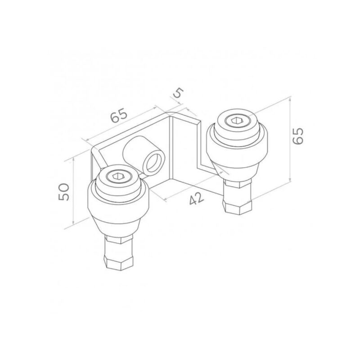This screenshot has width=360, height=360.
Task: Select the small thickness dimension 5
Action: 178,93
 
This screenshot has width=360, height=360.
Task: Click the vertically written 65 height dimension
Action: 298,135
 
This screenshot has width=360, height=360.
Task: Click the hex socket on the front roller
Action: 118,177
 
